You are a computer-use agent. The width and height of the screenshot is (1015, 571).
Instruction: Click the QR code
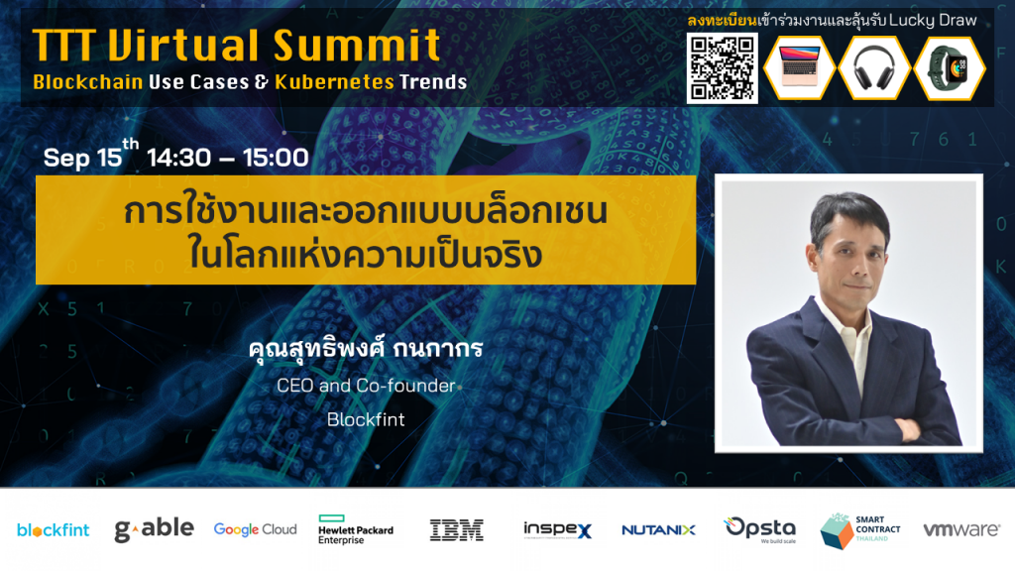pyautogui.click(x=722, y=68)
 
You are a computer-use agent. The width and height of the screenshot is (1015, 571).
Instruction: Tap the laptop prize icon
pyautogui.click(x=800, y=67)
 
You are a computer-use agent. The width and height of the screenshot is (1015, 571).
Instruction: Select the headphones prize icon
pyautogui.click(x=874, y=67)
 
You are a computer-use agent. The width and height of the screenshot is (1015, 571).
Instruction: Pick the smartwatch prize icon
pyautogui.click(x=950, y=67)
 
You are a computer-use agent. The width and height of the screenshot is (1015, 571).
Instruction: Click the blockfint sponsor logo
pyautogui.click(x=54, y=530)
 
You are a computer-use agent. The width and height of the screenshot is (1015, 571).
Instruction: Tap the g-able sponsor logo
pyautogui.click(x=154, y=529)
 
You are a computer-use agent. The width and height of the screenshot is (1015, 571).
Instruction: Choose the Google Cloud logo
pyautogui.click(x=255, y=529)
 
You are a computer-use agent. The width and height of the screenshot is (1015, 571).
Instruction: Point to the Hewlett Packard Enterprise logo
pyautogui.click(x=356, y=529)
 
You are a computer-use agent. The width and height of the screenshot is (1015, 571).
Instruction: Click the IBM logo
pyautogui.click(x=457, y=529)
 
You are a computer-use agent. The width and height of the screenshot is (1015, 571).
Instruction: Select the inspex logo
pyautogui.click(x=557, y=529)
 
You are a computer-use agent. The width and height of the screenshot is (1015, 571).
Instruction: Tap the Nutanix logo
pyautogui.click(x=658, y=530)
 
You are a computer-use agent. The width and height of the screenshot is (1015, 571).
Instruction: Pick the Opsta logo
pyautogui.click(x=760, y=529)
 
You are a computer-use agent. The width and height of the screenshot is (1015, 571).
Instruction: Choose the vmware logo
pyautogui.click(x=961, y=529)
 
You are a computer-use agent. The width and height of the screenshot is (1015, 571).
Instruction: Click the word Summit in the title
pyautogui.click(x=357, y=46)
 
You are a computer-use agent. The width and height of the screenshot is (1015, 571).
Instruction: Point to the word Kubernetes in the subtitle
pyautogui.click(x=334, y=82)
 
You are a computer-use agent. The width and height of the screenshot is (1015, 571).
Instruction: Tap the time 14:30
pyautogui.click(x=178, y=158)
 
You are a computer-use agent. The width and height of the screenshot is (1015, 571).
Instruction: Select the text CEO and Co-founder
pyautogui.click(x=366, y=386)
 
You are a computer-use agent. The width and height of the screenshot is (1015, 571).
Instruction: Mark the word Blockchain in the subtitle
pyautogui.click(x=88, y=82)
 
